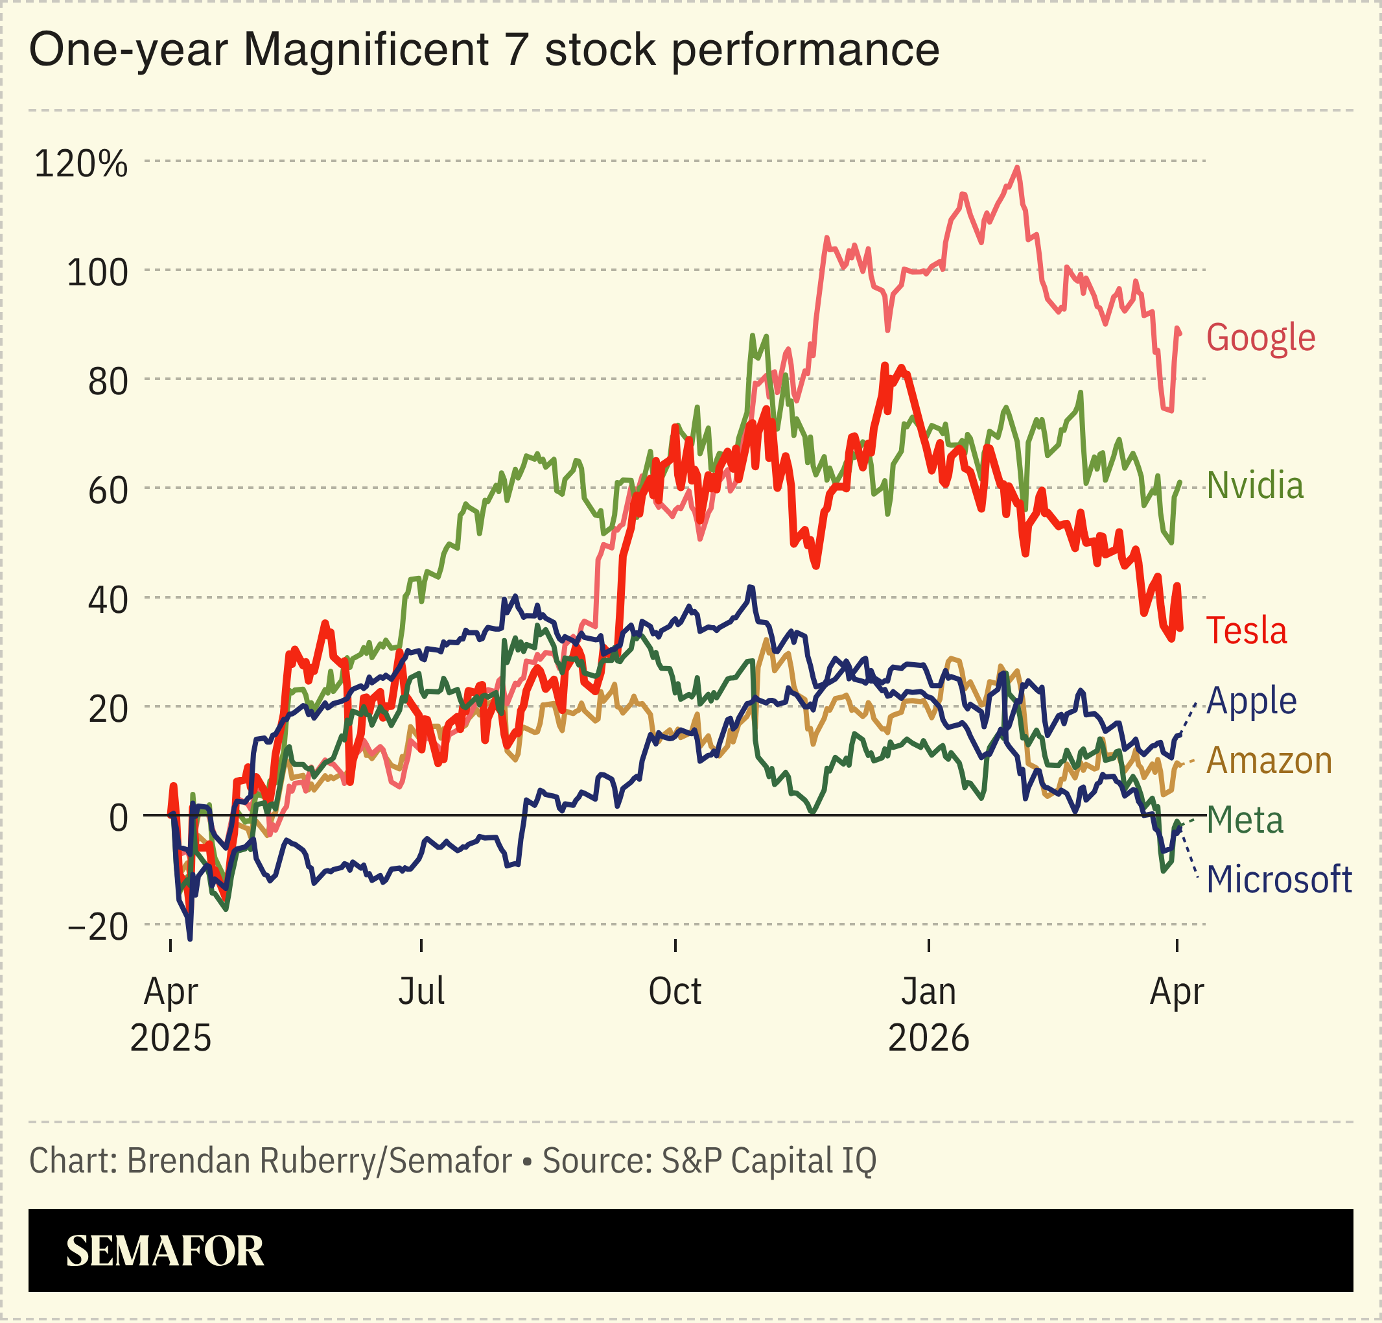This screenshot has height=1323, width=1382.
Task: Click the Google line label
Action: (x=1261, y=338)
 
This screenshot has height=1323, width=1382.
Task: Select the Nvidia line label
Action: (x=1255, y=486)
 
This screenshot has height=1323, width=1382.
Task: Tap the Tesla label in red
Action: (x=1246, y=630)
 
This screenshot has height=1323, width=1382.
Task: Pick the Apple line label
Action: (x=1251, y=701)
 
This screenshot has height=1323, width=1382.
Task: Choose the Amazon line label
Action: (x=1269, y=761)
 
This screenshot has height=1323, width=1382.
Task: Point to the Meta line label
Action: (x=1245, y=821)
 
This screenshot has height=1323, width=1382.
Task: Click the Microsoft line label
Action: (x=1278, y=880)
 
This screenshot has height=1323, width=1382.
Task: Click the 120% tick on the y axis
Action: (x=81, y=163)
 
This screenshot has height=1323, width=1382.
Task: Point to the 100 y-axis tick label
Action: (x=97, y=272)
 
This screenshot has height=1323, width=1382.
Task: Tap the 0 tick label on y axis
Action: (x=119, y=818)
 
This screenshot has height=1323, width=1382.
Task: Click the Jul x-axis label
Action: (x=421, y=992)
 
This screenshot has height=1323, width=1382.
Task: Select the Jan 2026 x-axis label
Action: (x=928, y=1014)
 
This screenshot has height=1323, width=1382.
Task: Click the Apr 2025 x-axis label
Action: (x=170, y=1014)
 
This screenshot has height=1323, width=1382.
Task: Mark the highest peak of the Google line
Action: (x=1016, y=168)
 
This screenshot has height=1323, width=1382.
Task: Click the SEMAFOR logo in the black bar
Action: (x=164, y=1251)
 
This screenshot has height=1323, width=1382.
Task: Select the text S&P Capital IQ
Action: (x=768, y=1161)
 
